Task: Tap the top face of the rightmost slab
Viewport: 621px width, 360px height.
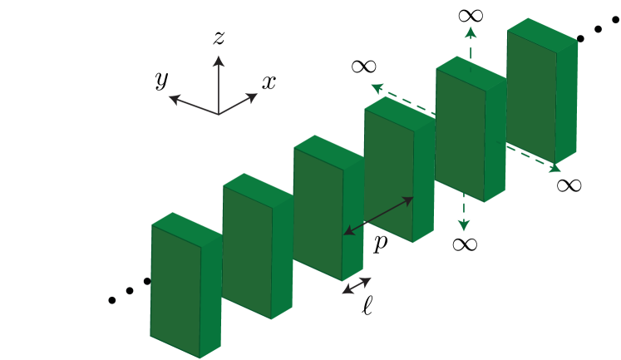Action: pyautogui.click(x=542, y=32)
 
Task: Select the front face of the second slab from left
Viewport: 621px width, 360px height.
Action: pyautogui.click(x=247, y=251)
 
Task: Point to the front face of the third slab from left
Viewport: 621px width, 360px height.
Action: pyautogui.click(x=318, y=213)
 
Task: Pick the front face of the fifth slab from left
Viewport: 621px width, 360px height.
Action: pyautogui.click(x=461, y=133)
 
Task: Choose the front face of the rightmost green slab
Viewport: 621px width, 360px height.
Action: pyautogui.click(x=532, y=96)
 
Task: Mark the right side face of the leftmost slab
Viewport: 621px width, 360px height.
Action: pyautogui.click(x=210, y=295)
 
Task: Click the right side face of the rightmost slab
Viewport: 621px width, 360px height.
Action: pyautogui.click(x=567, y=100)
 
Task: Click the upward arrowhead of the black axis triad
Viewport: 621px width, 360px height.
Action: pyautogui.click(x=219, y=61)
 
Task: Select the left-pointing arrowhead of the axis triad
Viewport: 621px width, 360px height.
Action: pyautogui.click(x=173, y=99)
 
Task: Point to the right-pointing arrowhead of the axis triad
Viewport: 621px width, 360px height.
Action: pyautogui.click(x=253, y=96)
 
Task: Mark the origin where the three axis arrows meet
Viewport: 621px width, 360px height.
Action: pyautogui.click(x=219, y=114)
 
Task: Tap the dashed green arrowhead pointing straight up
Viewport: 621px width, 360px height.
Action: pyautogui.click(x=471, y=31)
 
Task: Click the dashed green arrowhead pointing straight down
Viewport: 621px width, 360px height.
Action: pyautogui.click(x=464, y=226)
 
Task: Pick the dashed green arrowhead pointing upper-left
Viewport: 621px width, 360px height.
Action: pyautogui.click(x=376, y=86)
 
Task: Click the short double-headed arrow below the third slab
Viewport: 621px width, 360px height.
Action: pyautogui.click(x=357, y=285)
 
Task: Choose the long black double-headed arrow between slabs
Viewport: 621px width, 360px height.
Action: pyautogui.click(x=378, y=215)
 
